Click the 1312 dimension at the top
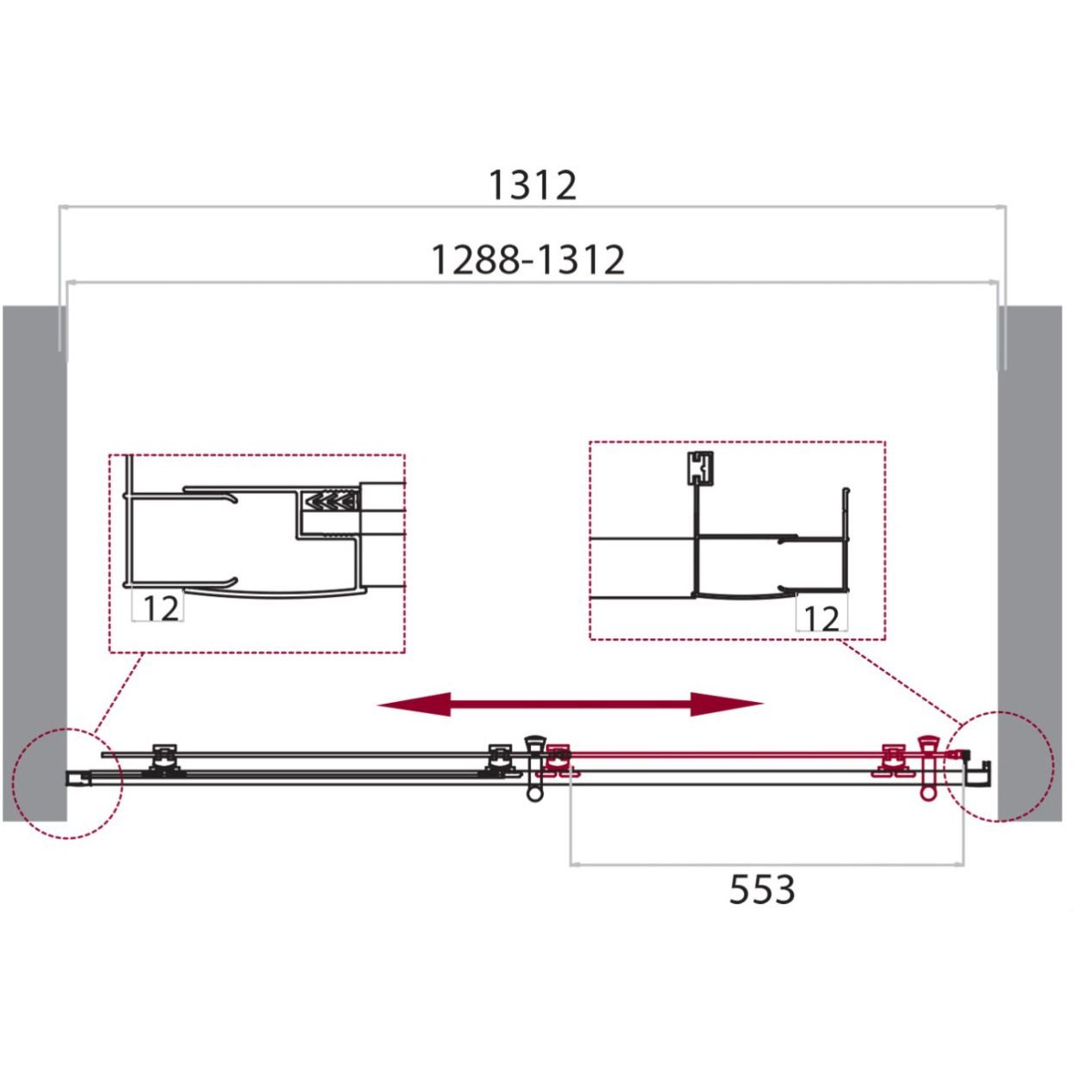[532, 186]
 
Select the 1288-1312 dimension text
[528, 260]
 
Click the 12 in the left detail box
[161, 609]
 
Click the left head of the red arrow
[414, 705]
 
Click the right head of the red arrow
[727, 705]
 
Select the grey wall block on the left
[34, 563]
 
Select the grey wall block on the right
[1030, 563]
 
